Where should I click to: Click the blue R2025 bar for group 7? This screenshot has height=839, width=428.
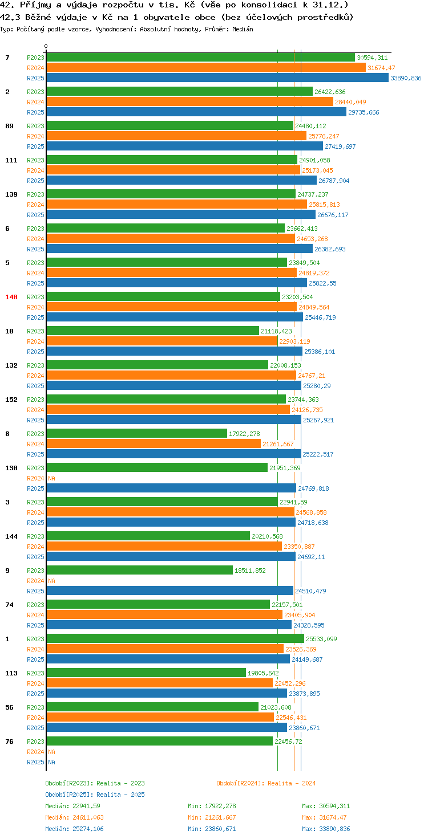(217, 78)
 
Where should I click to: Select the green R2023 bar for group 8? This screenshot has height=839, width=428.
(136, 433)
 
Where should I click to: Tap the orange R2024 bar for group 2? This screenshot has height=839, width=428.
(190, 101)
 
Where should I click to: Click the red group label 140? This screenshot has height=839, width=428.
(11, 297)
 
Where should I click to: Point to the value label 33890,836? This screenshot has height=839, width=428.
(406, 78)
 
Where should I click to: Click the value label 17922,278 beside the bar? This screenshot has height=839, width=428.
(244, 434)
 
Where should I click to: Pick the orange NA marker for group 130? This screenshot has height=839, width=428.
(51, 478)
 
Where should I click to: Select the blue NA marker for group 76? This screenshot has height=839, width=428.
(51, 762)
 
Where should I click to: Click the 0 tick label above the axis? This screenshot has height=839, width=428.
(46, 46)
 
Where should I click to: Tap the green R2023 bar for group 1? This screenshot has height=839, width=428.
(175, 638)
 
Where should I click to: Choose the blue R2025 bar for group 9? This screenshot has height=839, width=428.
(170, 590)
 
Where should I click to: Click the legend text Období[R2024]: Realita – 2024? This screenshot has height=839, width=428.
(266, 783)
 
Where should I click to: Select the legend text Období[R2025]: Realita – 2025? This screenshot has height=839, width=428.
(95, 795)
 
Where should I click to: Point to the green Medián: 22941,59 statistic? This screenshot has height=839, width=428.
(73, 806)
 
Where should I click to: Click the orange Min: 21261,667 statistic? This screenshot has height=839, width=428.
(212, 817)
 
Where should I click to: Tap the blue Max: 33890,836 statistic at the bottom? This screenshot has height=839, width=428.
(326, 829)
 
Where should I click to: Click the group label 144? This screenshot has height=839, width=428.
(11, 536)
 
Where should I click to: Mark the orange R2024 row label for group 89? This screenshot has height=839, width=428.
(35, 136)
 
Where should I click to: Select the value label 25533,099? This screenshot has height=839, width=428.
(321, 639)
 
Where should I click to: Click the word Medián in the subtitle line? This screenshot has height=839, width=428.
(243, 29)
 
